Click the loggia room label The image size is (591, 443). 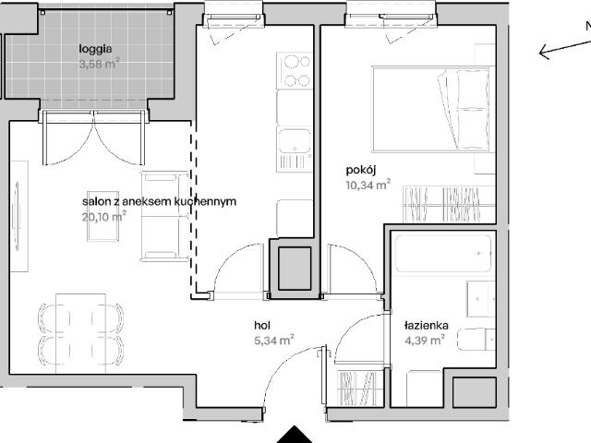[95, 49]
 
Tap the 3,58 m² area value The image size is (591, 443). [100, 64]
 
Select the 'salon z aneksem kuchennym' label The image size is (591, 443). [160, 201]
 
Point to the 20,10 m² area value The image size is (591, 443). [104, 216]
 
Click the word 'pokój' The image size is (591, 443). [361, 170]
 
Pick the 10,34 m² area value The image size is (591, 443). [368, 185]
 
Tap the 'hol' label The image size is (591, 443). [262, 325]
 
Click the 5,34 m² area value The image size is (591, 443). [274, 341]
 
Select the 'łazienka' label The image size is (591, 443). [427, 325]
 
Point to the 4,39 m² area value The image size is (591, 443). [425, 341]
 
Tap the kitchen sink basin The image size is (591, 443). [295, 140]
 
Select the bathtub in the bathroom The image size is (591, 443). [443, 254]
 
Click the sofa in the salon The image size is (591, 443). [164, 216]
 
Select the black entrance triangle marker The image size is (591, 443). [295, 435]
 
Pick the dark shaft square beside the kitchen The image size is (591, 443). [295, 269]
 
